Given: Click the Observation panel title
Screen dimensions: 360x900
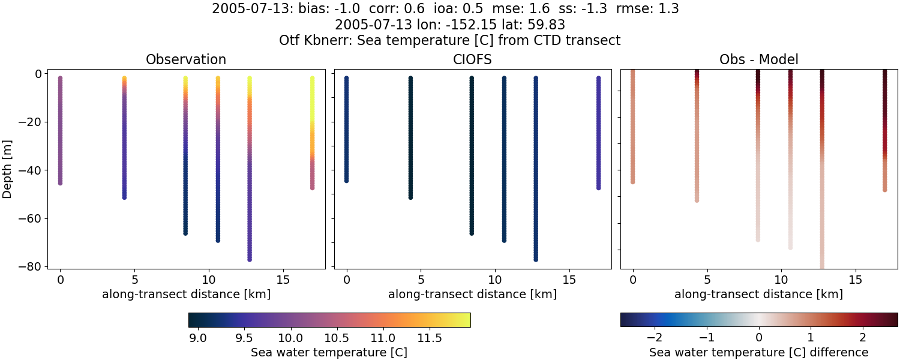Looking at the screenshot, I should point(186,60).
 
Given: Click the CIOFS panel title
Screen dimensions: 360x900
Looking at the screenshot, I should point(472,60).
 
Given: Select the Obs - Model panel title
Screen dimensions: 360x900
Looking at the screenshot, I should point(758,60).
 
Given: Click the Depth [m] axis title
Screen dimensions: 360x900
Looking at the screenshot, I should point(8,170).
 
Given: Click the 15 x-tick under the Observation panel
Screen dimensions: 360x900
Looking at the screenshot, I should point(283,280).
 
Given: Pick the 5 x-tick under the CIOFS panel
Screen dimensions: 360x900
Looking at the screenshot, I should point(421,280).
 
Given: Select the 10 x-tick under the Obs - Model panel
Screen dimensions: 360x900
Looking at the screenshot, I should point(781,280).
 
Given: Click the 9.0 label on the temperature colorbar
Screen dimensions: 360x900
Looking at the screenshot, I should point(198,338).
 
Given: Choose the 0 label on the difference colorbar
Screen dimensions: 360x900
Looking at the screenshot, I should point(759,338).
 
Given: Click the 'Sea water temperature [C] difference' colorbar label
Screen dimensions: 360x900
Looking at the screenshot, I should point(758,352).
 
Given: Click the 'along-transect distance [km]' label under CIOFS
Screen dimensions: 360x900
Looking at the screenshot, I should point(472,294).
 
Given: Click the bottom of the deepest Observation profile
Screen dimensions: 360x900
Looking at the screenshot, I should point(249,259).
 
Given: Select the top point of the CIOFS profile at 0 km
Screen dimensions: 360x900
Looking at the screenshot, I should point(346,79).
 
